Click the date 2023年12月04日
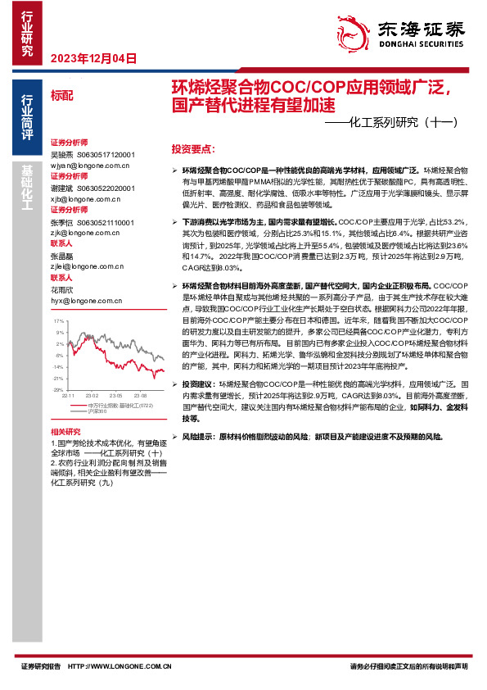click(x=93, y=58)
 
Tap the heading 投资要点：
click(x=193, y=150)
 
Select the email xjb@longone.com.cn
click(x=85, y=197)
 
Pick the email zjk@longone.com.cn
click(x=85, y=233)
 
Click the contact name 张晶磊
click(x=61, y=256)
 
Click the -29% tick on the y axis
click(x=59, y=390)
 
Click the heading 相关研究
click(x=65, y=431)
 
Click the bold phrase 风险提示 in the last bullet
click(x=199, y=437)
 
